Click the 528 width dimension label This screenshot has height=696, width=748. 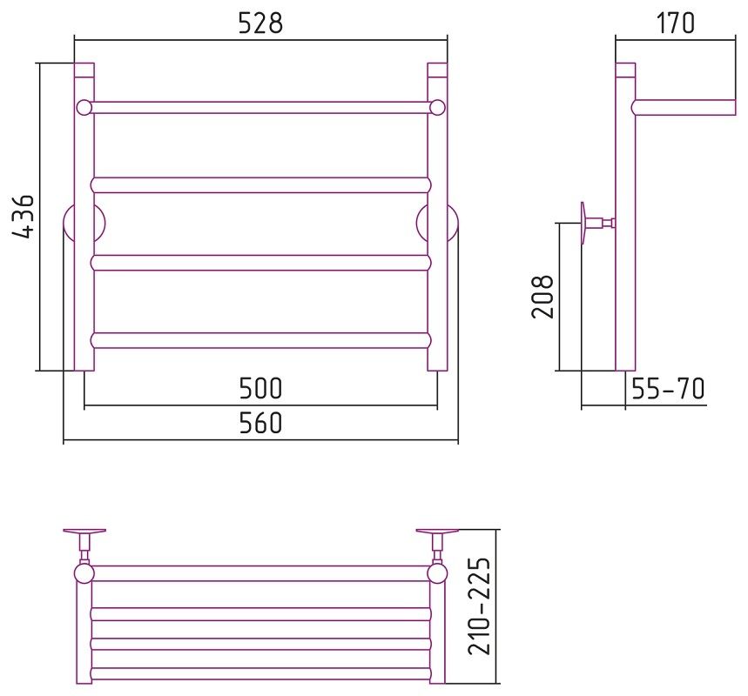click(260, 23)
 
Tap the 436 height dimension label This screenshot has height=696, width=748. click(23, 216)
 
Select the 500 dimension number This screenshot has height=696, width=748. click(260, 388)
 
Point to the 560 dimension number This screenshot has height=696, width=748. click(260, 422)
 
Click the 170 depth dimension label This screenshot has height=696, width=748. click(676, 23)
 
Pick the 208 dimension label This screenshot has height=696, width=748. click(542, 297)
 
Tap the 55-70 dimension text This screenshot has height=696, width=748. click(668, 388)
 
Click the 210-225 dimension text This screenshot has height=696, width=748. click(479, 606)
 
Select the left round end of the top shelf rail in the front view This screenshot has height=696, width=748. click(84, 107)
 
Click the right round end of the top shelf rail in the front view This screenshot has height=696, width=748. click(437, 107)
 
